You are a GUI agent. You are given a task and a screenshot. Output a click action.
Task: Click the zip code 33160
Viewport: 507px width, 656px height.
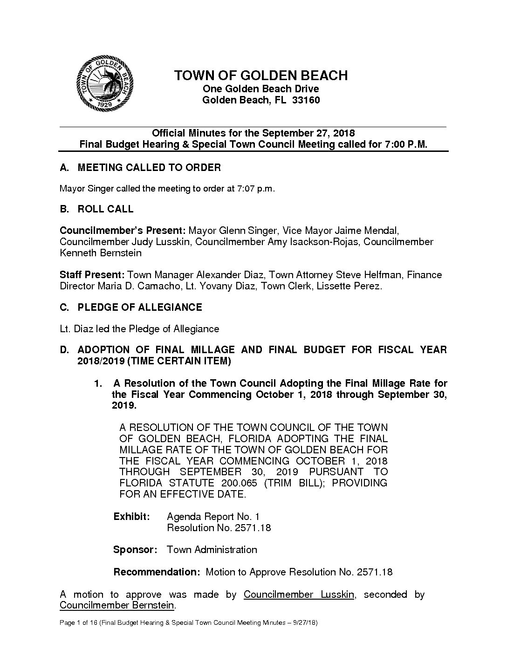[x=306, y=100]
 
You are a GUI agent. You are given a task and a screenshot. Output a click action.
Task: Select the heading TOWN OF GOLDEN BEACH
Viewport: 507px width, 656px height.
[x=260, y=75]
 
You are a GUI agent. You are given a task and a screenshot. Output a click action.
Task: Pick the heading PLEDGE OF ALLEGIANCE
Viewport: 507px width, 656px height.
[x=140, y=307]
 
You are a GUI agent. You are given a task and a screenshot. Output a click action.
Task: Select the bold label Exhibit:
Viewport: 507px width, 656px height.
[x=132, y=517]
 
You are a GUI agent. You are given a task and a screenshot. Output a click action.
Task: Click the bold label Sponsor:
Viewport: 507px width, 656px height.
[x=135, y=550]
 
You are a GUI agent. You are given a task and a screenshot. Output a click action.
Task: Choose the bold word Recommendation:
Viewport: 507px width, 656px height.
[x=157, y=572]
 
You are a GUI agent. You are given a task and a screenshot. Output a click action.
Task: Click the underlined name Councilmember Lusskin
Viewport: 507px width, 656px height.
[x=299, y=594]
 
